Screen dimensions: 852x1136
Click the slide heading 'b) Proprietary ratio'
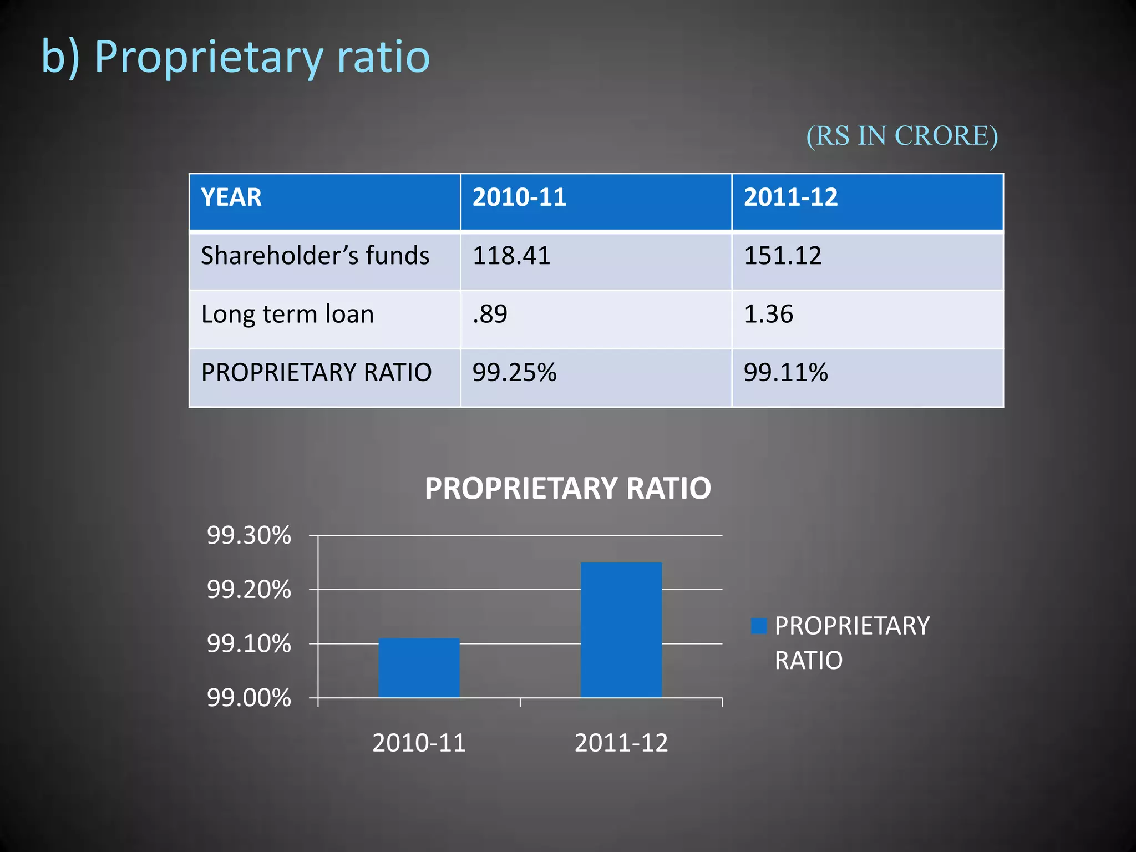tap(236, 57)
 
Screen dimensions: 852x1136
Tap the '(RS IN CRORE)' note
tap(901, 136)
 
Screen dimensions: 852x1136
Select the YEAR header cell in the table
tap(231, 198)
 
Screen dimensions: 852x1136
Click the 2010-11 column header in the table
tap(519, 198)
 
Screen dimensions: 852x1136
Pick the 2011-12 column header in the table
tap(790, 198)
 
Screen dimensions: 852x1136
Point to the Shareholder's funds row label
tap(315, 256)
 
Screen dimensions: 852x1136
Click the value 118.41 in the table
tap(511, 256)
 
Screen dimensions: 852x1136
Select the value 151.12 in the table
tap(783, 256)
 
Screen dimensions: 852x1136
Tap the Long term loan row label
tap(287, 315)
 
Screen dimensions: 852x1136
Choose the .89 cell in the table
tap(490, 315)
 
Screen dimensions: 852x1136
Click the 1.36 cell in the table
tap(768, 315)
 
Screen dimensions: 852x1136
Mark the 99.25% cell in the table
tap(514, 373)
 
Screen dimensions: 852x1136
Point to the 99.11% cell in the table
tap(785, 373)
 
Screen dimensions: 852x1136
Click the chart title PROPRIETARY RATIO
tap(567, 489)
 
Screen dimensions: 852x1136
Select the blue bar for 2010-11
tap(419, 668)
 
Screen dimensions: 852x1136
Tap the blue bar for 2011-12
tap(621, 630)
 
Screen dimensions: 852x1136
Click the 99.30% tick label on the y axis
tap(248, 536)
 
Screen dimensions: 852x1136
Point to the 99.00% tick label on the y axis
tap(248, 698)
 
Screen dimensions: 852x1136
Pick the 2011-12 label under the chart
tap(621, 743)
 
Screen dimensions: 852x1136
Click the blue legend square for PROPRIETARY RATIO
tap(758, 626)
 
